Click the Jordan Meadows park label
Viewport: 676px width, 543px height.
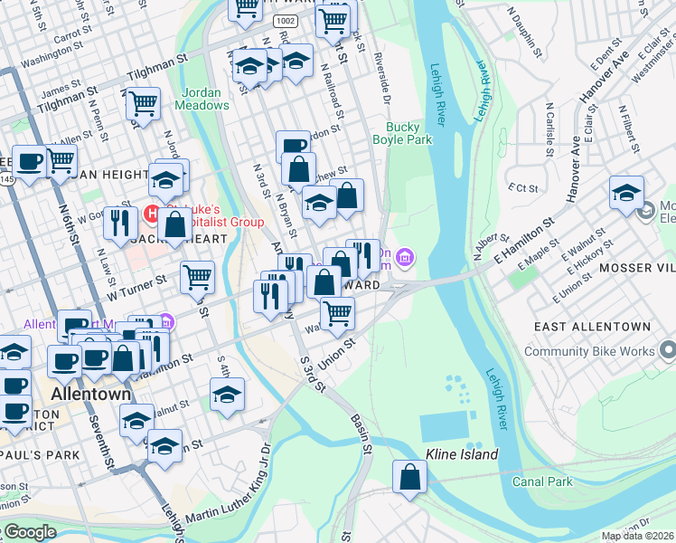pos(205,99)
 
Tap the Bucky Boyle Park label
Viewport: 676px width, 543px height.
pos(403,133)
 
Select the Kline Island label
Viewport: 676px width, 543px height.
pos(463,453)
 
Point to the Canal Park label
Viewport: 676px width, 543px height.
pos(541,481)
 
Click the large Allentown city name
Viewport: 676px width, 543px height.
pos(90,395)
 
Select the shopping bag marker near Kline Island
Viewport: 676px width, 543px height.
pos(409,477)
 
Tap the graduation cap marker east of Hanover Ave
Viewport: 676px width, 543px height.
pos(626,192)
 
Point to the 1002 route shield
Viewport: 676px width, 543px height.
pos(286,19)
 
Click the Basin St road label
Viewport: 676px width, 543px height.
pos(362,433)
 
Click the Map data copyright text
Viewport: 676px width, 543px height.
pos(637,536)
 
